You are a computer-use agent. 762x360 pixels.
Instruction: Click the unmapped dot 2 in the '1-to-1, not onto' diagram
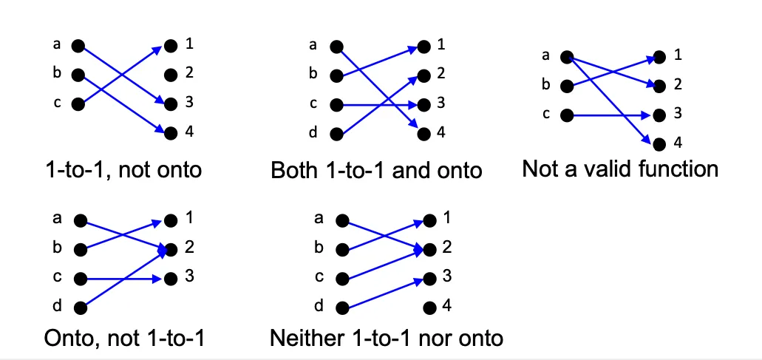tap(171, 75)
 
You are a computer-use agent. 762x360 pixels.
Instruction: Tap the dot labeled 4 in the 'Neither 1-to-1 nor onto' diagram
tap(427, 308)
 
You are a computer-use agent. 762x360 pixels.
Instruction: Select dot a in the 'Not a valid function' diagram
tap(567, 56)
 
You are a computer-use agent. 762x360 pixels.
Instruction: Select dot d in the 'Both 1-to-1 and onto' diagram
tap(337, 135)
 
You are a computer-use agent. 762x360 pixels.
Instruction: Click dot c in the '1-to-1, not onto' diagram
tap(78, 104)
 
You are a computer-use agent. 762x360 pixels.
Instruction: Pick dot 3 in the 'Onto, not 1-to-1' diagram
tap(171, 279)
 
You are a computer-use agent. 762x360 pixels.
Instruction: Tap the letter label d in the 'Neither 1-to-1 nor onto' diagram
tap(319, 306)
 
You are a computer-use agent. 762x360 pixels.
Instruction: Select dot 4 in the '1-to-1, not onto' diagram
tap(171, 134)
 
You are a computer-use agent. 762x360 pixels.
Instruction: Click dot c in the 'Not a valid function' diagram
tap(567, 115)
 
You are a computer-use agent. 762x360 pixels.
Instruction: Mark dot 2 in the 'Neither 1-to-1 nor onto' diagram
tap(427, 249)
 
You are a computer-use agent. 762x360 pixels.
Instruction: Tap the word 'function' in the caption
tap(678, 169)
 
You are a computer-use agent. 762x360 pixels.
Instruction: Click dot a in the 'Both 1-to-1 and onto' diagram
tap(337, 47)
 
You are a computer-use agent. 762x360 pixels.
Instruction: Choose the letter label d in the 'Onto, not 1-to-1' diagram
tap(57, 306)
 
